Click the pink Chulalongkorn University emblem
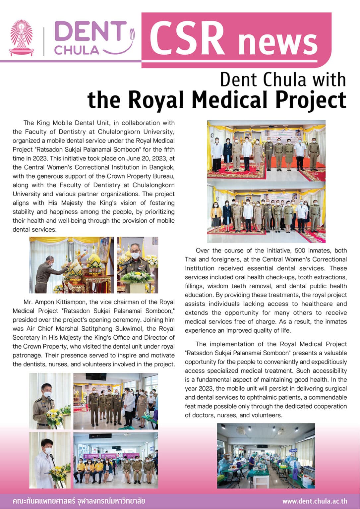click(x=21, y=38)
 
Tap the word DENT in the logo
click(x=90, y=32)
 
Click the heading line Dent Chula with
click(x=282, y=80)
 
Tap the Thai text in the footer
click(x=79, y=501)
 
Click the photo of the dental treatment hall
click(x=266, y=456)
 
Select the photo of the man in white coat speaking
click(x=50, y=460)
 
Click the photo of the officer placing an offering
click(x=71, y=265)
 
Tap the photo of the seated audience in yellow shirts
click(x=115, y=460)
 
